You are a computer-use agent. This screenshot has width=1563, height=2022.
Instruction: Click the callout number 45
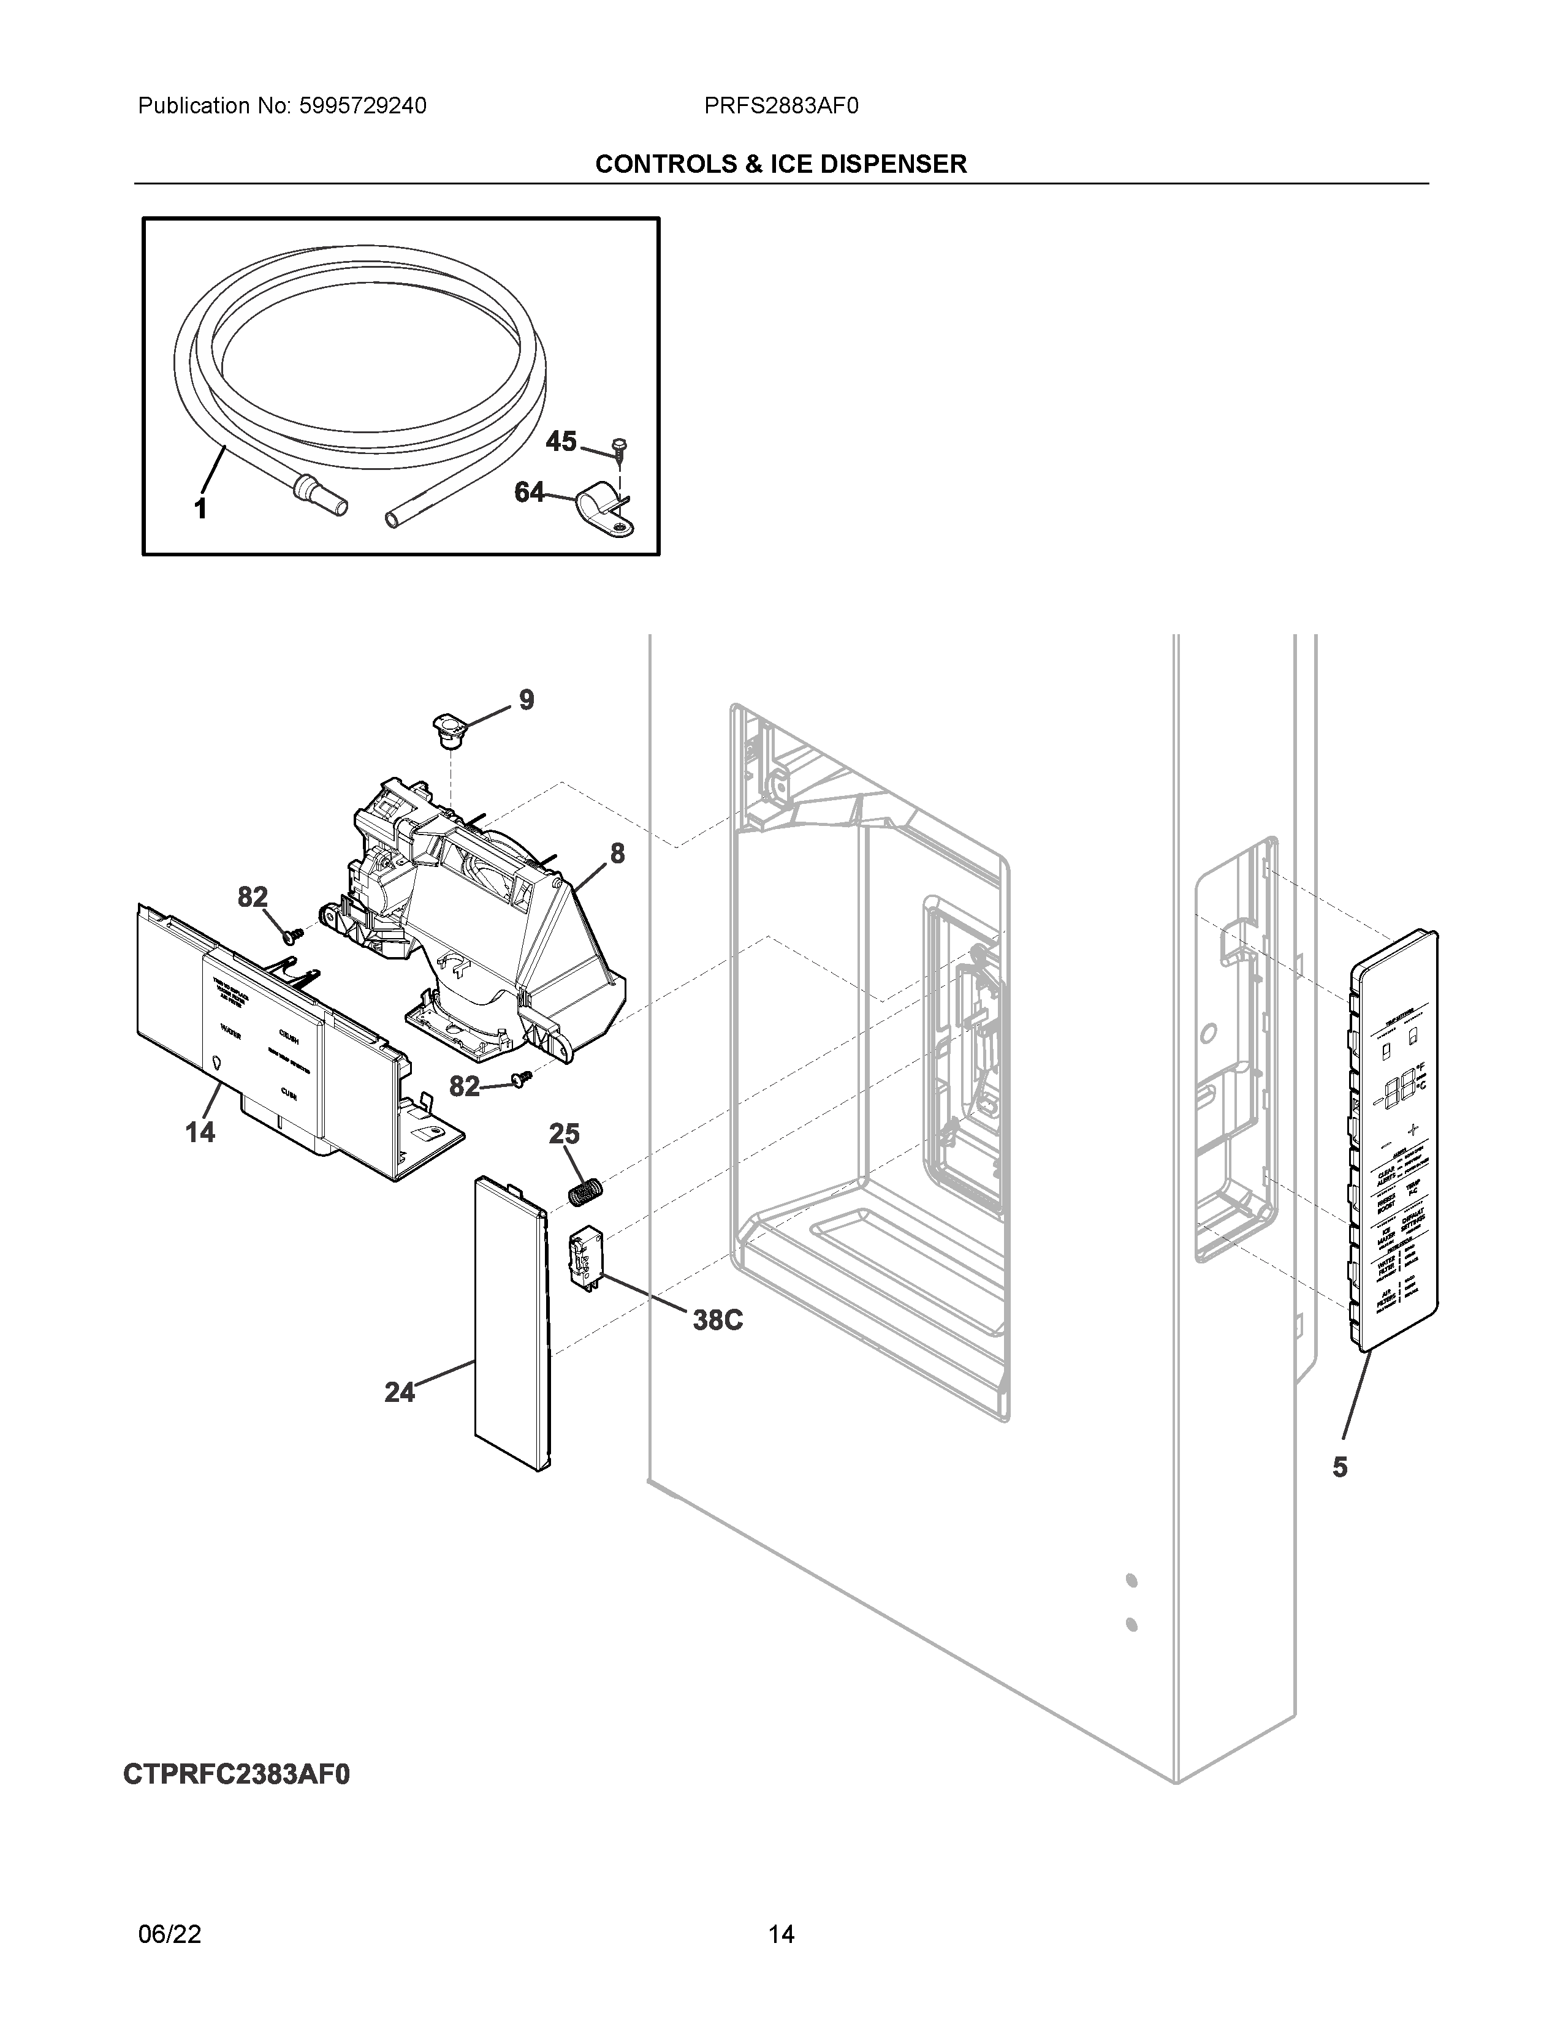(560, 442)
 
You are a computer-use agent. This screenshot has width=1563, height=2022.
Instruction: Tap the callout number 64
(529, 493)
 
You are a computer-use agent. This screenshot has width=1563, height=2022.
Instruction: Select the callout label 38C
(718, 1319)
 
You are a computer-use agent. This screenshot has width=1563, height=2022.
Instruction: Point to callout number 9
(526, 700)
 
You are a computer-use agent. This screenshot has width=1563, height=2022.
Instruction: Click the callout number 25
(564, 1134)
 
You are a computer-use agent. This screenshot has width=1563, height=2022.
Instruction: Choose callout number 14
(200, 1130)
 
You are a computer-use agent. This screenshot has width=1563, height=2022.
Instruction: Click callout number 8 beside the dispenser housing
(617, 853)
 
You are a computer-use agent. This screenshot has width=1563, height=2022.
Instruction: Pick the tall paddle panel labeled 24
(512, 1324)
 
